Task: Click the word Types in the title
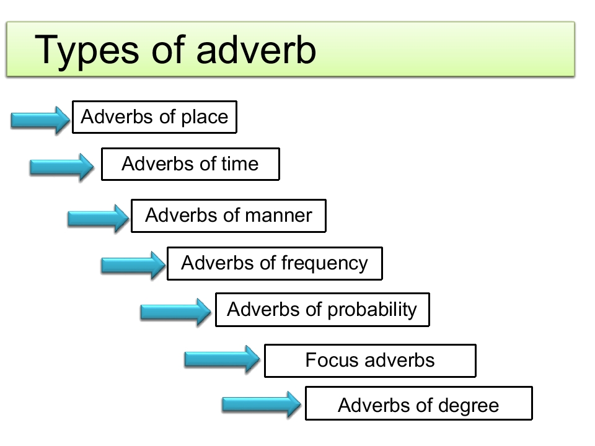[87, 51]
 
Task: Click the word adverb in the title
[256, 50]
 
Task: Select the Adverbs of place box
[154, 117]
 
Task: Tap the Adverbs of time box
[190, 164]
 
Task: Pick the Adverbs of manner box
[229, 216]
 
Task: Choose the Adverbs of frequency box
[275, 263]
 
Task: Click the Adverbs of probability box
[322, 310]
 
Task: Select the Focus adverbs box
[370, 361]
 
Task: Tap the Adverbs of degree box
[419, 403]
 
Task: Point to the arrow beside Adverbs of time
[62, 167]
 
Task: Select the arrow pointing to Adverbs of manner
[99, 219]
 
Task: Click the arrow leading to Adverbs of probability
[175, 312]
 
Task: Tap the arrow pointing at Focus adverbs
[222, 359]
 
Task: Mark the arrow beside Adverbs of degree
[262, 404]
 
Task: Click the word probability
[372, 310]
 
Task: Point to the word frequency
[324, 264]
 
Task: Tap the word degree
[469, 406]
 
